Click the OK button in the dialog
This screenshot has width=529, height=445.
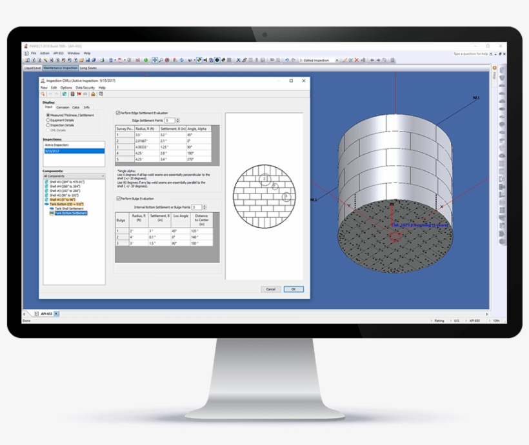(x=294, y=289)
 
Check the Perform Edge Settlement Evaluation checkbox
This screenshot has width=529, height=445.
(x=117, y=113)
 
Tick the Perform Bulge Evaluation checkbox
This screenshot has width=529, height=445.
(x=117, y=199)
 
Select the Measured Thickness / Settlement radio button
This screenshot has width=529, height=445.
(x=48, y=115)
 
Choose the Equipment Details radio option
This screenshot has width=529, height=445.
(x=48, y=120)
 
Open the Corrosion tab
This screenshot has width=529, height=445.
(x=63, y=107)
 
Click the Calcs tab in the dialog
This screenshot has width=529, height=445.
(x=76, y=107)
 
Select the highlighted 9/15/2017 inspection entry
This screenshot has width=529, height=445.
(x=73, y=150)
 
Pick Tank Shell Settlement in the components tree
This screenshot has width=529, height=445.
(x=70, y=208)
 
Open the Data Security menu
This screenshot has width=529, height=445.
(x=85, y=88)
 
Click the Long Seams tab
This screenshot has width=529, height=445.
(x=88, y=67)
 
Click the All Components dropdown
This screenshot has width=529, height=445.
(x=73, y=175)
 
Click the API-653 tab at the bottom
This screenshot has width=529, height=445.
(x=47, y=313)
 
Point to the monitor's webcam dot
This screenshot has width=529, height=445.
(x=264, y=35)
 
